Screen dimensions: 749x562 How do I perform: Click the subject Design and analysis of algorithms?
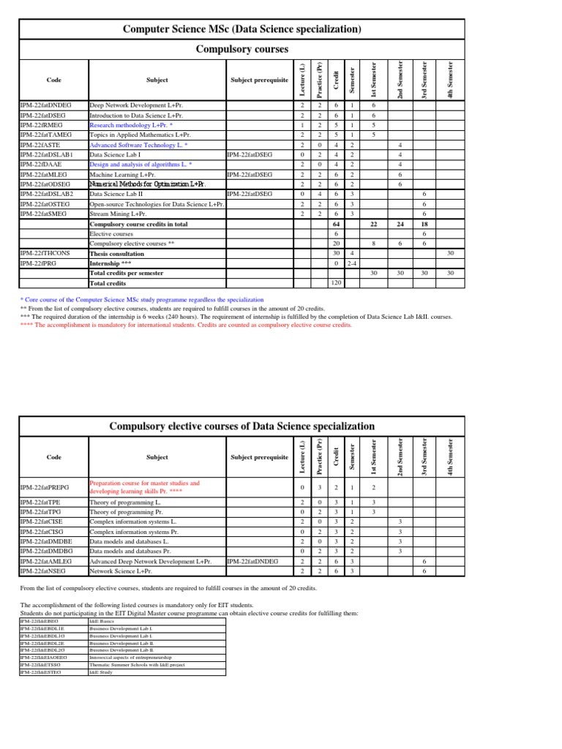(x=140, y=165)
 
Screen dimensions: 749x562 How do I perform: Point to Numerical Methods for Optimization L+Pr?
(x=147, y=184)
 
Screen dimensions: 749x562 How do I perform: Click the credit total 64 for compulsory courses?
(x=337, y=224)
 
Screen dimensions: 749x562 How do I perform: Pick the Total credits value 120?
(x=337, y=282)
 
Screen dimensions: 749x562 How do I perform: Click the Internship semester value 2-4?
(x=353, y=263)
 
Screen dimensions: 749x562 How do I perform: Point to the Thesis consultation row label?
(x=118, y=253)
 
